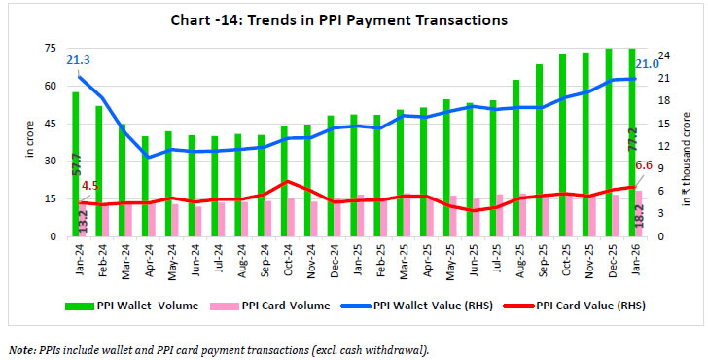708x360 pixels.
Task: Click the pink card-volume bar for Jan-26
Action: point(638,213)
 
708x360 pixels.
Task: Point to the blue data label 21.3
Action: point(79,60)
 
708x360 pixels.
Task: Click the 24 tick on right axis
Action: point(658,55)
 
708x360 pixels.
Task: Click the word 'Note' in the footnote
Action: point(21,348)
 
